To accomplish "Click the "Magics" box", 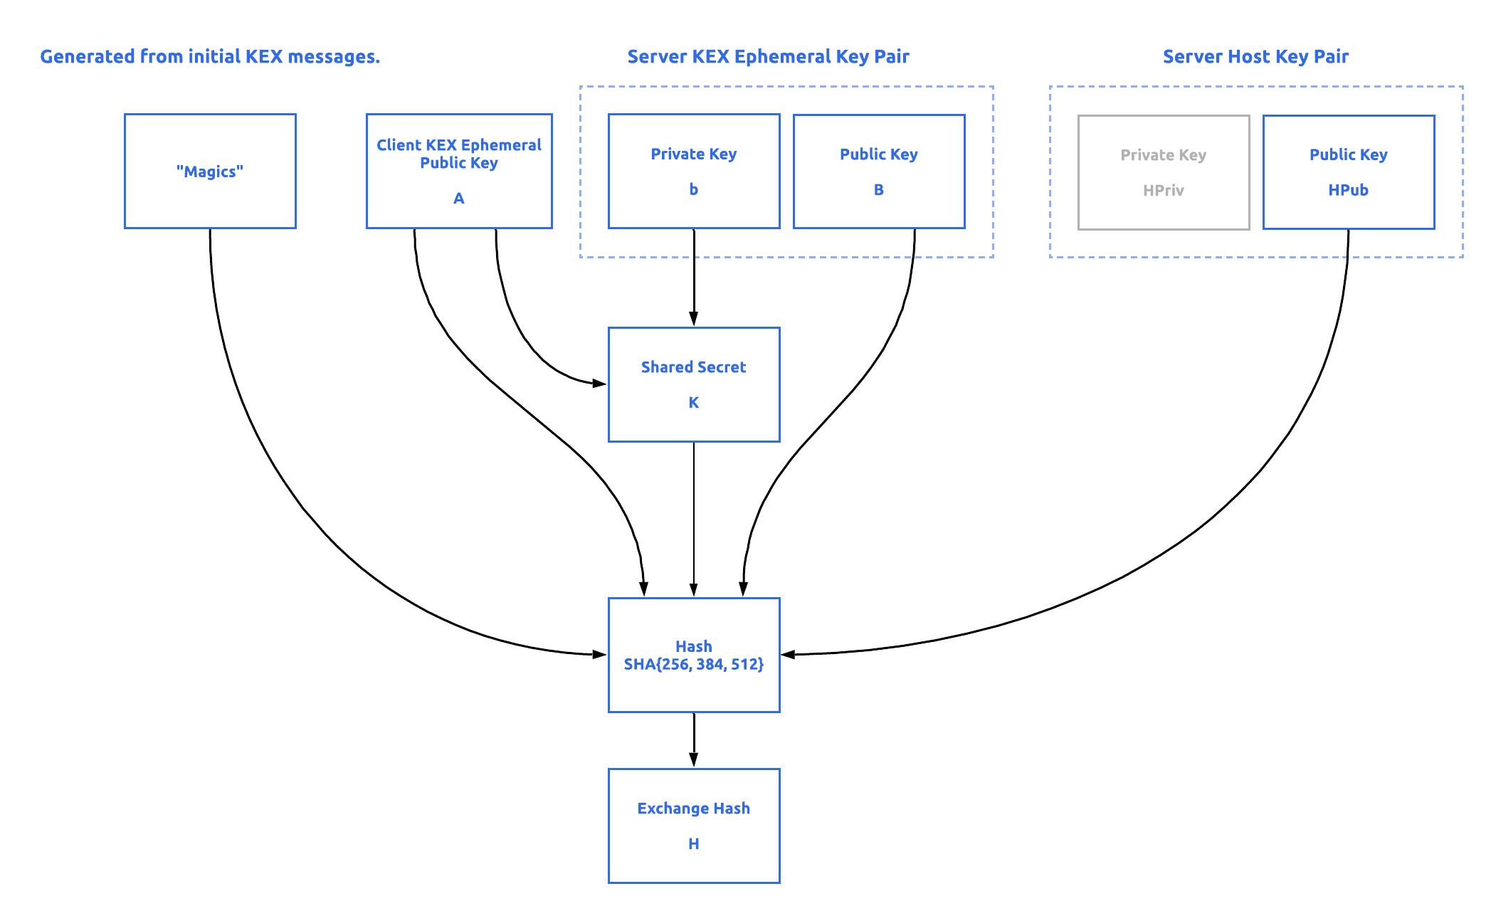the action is tap(210, 172).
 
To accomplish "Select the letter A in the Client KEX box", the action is tap(459, 199).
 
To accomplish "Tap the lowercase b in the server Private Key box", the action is tap(694, 189).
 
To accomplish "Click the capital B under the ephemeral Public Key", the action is tap(879, 190).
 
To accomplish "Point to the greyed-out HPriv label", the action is tap(1163, 190).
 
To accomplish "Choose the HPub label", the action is tap(1348, 190).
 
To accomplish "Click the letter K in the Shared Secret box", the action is tap(694, 403).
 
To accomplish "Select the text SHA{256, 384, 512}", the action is tap(694, 665).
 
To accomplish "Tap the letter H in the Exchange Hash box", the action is tap(694, 844).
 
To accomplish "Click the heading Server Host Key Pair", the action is tap(1255, 56).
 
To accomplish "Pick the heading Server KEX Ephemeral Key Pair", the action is tap(768, 56).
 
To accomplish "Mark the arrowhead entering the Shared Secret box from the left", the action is tap(599, 384).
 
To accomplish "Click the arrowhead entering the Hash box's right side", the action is tap(789, 654).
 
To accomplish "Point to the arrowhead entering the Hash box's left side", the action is tap(599, 654).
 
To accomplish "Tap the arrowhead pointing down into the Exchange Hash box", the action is tap(694, 759).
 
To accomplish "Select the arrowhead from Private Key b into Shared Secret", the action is tap(694, 318).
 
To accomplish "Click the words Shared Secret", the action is tap(694, 367).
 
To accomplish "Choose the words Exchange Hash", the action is tap(694, 809).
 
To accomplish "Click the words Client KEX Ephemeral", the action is tap(459, 145).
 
